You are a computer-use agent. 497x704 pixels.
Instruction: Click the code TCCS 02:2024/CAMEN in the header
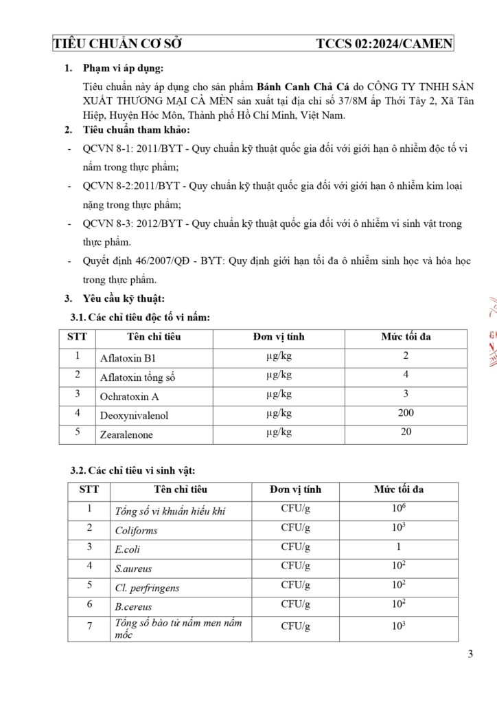tap(384, 44)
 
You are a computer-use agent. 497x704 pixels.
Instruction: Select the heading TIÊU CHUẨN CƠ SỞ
tap(117, 44)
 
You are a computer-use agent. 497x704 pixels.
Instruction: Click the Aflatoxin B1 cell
tap(128, 358)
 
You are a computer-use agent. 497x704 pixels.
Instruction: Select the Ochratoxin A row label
tap(130, 397)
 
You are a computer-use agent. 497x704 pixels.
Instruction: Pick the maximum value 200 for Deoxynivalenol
tap(406, 413)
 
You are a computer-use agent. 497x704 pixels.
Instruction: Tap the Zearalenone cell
tap(127, 435)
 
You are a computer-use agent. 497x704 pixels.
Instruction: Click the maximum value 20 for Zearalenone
tap(406, 432)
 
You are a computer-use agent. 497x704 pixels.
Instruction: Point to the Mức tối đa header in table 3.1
tap(406, 337)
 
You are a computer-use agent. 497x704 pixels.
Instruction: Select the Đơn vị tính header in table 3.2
tap(295, 489)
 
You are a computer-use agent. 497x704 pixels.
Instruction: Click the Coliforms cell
tap(136, 531)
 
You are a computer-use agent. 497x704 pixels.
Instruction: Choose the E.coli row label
tap(128, 550)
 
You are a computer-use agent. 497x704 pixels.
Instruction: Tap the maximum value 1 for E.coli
tap(398, 547)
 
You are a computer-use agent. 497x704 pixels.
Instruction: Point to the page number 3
tap(470, 654)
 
